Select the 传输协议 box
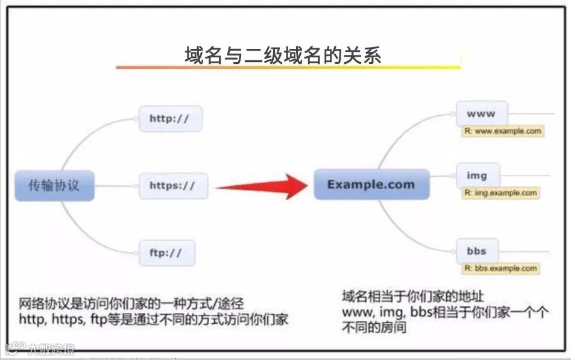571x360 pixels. coord(54,185)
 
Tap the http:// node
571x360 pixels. coord(169,119)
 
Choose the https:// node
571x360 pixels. coord(172,186)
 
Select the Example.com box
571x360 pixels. coord(371,185)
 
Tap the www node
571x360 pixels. coord(481,113)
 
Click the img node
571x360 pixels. coord(477,176)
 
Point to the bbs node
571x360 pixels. coord(476,251)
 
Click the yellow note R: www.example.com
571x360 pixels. coord(503,131)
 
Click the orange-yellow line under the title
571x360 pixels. coord(288,68)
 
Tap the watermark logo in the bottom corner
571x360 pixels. coord(40,349)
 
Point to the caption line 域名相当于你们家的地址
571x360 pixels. coord(413,297)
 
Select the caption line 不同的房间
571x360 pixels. coord(374,327)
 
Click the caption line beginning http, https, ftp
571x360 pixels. coord(154,319)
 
